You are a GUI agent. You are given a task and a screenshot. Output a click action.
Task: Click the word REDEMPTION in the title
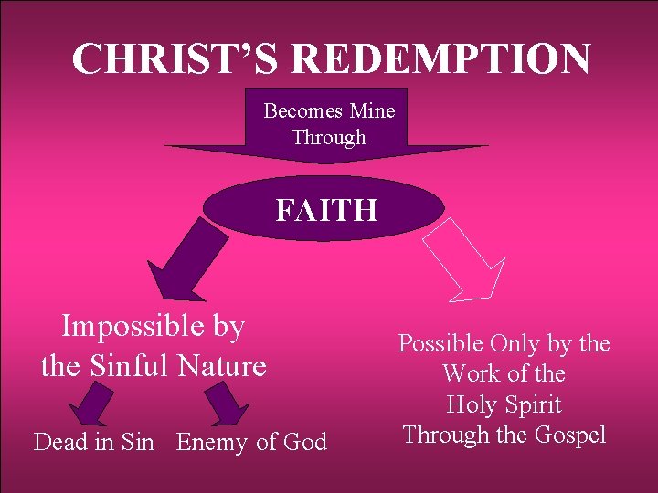(x=441, y=59)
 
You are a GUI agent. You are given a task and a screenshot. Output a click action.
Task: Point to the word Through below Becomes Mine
(x=328, y=138)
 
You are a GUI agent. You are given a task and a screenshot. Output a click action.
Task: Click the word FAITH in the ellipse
(x=326, y=211)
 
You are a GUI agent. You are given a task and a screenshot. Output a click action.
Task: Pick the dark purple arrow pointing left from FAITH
(x=187, y=265)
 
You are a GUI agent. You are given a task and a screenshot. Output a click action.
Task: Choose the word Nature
(x=224, y=367)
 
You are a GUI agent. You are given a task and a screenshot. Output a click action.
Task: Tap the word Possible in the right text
(x=441, y=344)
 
